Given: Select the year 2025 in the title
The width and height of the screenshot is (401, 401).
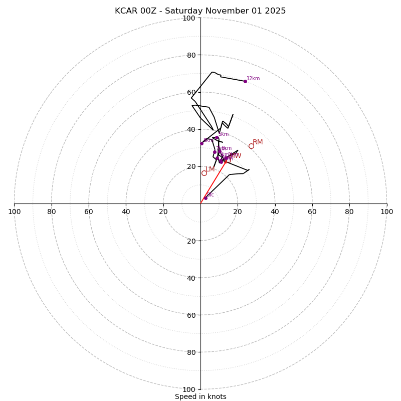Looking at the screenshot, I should [275, 11].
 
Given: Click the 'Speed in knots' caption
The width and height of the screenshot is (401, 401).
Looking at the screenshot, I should [200, 396].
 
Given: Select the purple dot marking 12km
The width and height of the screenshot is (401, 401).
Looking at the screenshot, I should [245, 81].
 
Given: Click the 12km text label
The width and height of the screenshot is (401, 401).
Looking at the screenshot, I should [253, 78].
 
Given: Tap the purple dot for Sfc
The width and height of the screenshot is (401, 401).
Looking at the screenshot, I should [206, 198].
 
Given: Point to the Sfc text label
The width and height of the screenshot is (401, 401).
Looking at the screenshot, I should [210, 194].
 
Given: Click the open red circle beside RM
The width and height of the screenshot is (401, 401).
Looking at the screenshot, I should [251, 146].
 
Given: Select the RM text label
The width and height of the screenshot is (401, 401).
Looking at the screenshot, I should [258, 142].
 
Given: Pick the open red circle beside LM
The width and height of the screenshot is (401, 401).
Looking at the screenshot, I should [204, 173].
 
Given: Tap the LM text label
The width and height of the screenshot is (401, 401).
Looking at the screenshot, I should [210, 169].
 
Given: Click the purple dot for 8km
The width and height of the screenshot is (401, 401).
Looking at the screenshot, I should [202, 143].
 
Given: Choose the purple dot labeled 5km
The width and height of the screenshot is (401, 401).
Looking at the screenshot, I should [217, 138].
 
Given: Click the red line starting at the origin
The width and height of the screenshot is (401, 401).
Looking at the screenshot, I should [213, 182].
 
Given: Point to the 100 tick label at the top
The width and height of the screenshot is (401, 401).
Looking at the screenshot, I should [189, 18].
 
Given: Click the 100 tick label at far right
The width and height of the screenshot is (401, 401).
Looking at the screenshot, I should [386, 212].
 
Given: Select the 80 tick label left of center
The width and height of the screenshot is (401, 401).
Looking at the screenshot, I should [52, 212].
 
